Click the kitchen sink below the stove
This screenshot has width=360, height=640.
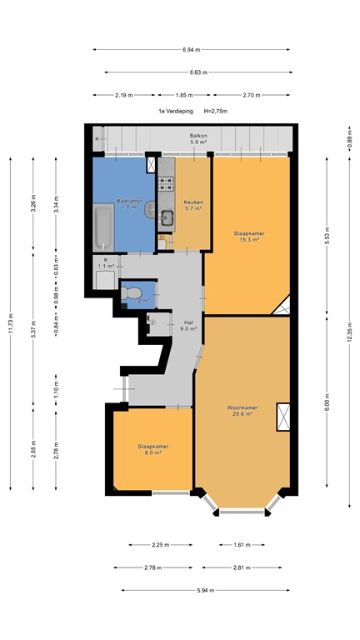167,218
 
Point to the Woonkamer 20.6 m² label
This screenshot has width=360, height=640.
242,411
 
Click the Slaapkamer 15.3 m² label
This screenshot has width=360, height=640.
250,237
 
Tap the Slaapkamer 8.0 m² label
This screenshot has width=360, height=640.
153,450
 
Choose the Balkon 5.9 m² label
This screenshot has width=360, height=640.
197,137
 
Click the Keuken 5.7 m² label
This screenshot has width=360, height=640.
194,205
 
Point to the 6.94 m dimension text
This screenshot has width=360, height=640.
192,50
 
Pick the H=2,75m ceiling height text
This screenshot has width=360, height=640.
211,110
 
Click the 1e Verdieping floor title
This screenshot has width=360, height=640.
174,110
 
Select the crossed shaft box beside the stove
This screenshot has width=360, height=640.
151,164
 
